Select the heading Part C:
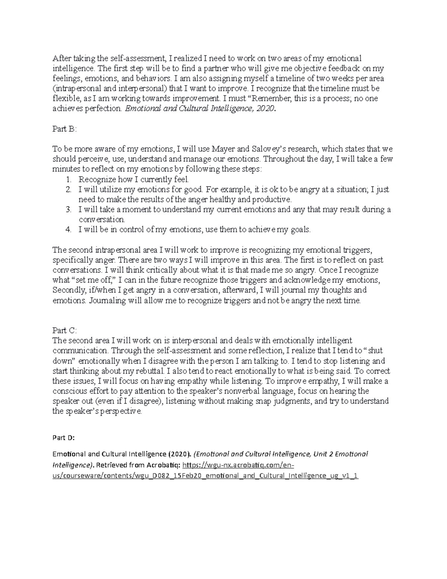coord(64,330)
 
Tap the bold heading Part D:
coord(64,438)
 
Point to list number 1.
coord(68,179)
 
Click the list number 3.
coord(68,210)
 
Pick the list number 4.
coord(68,230)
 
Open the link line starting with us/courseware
coord(205,476)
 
